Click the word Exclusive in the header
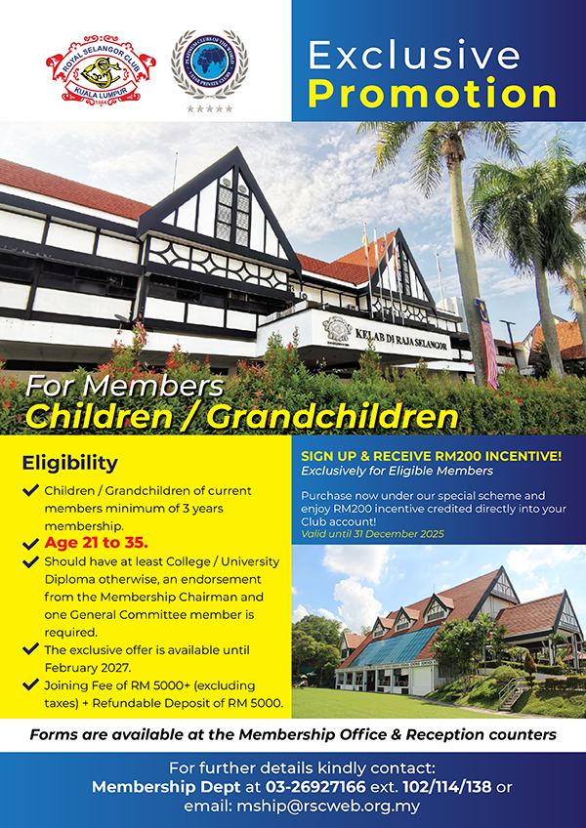(414, 56)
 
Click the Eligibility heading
(69, 463)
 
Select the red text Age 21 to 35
(96, 542)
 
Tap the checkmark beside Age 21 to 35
(30, 543)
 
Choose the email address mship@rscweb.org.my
(328, 807)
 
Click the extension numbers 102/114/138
(447, 787)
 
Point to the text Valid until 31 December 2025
(372, 534)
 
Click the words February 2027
(87, 667)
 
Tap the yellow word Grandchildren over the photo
(333, 417)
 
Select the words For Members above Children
(124, 387)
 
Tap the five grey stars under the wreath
(209, 108)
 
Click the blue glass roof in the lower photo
(394, 645)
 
